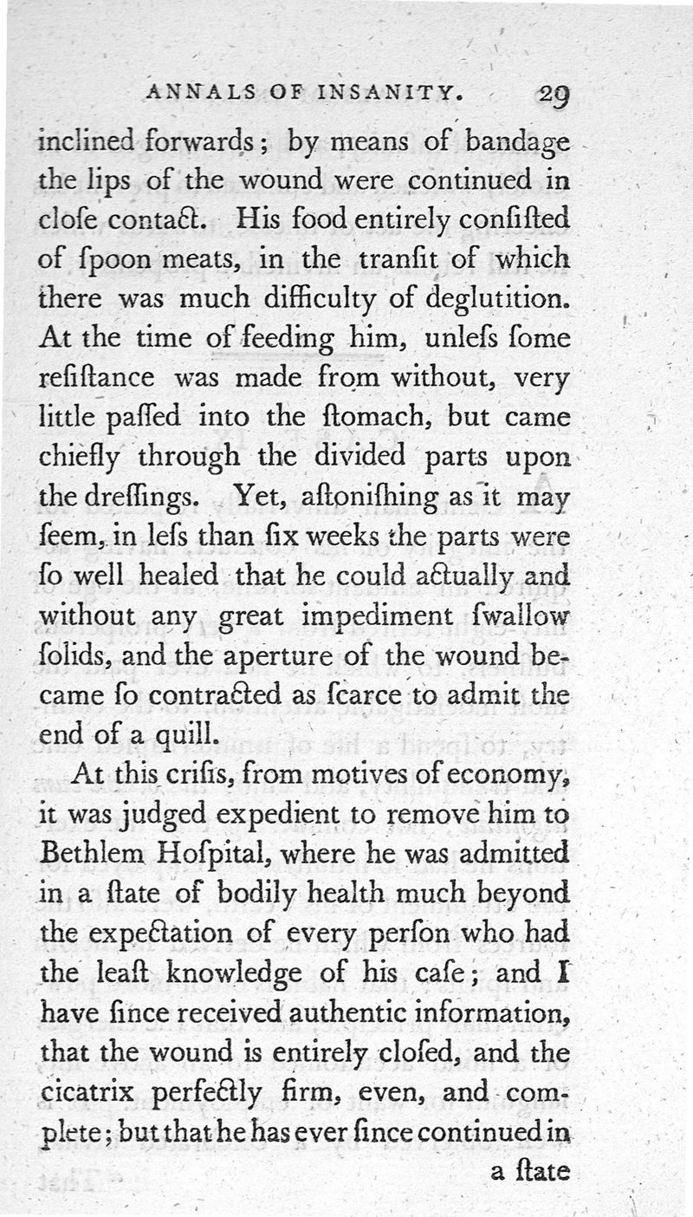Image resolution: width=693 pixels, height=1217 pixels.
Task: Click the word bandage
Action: click(516, 142)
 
